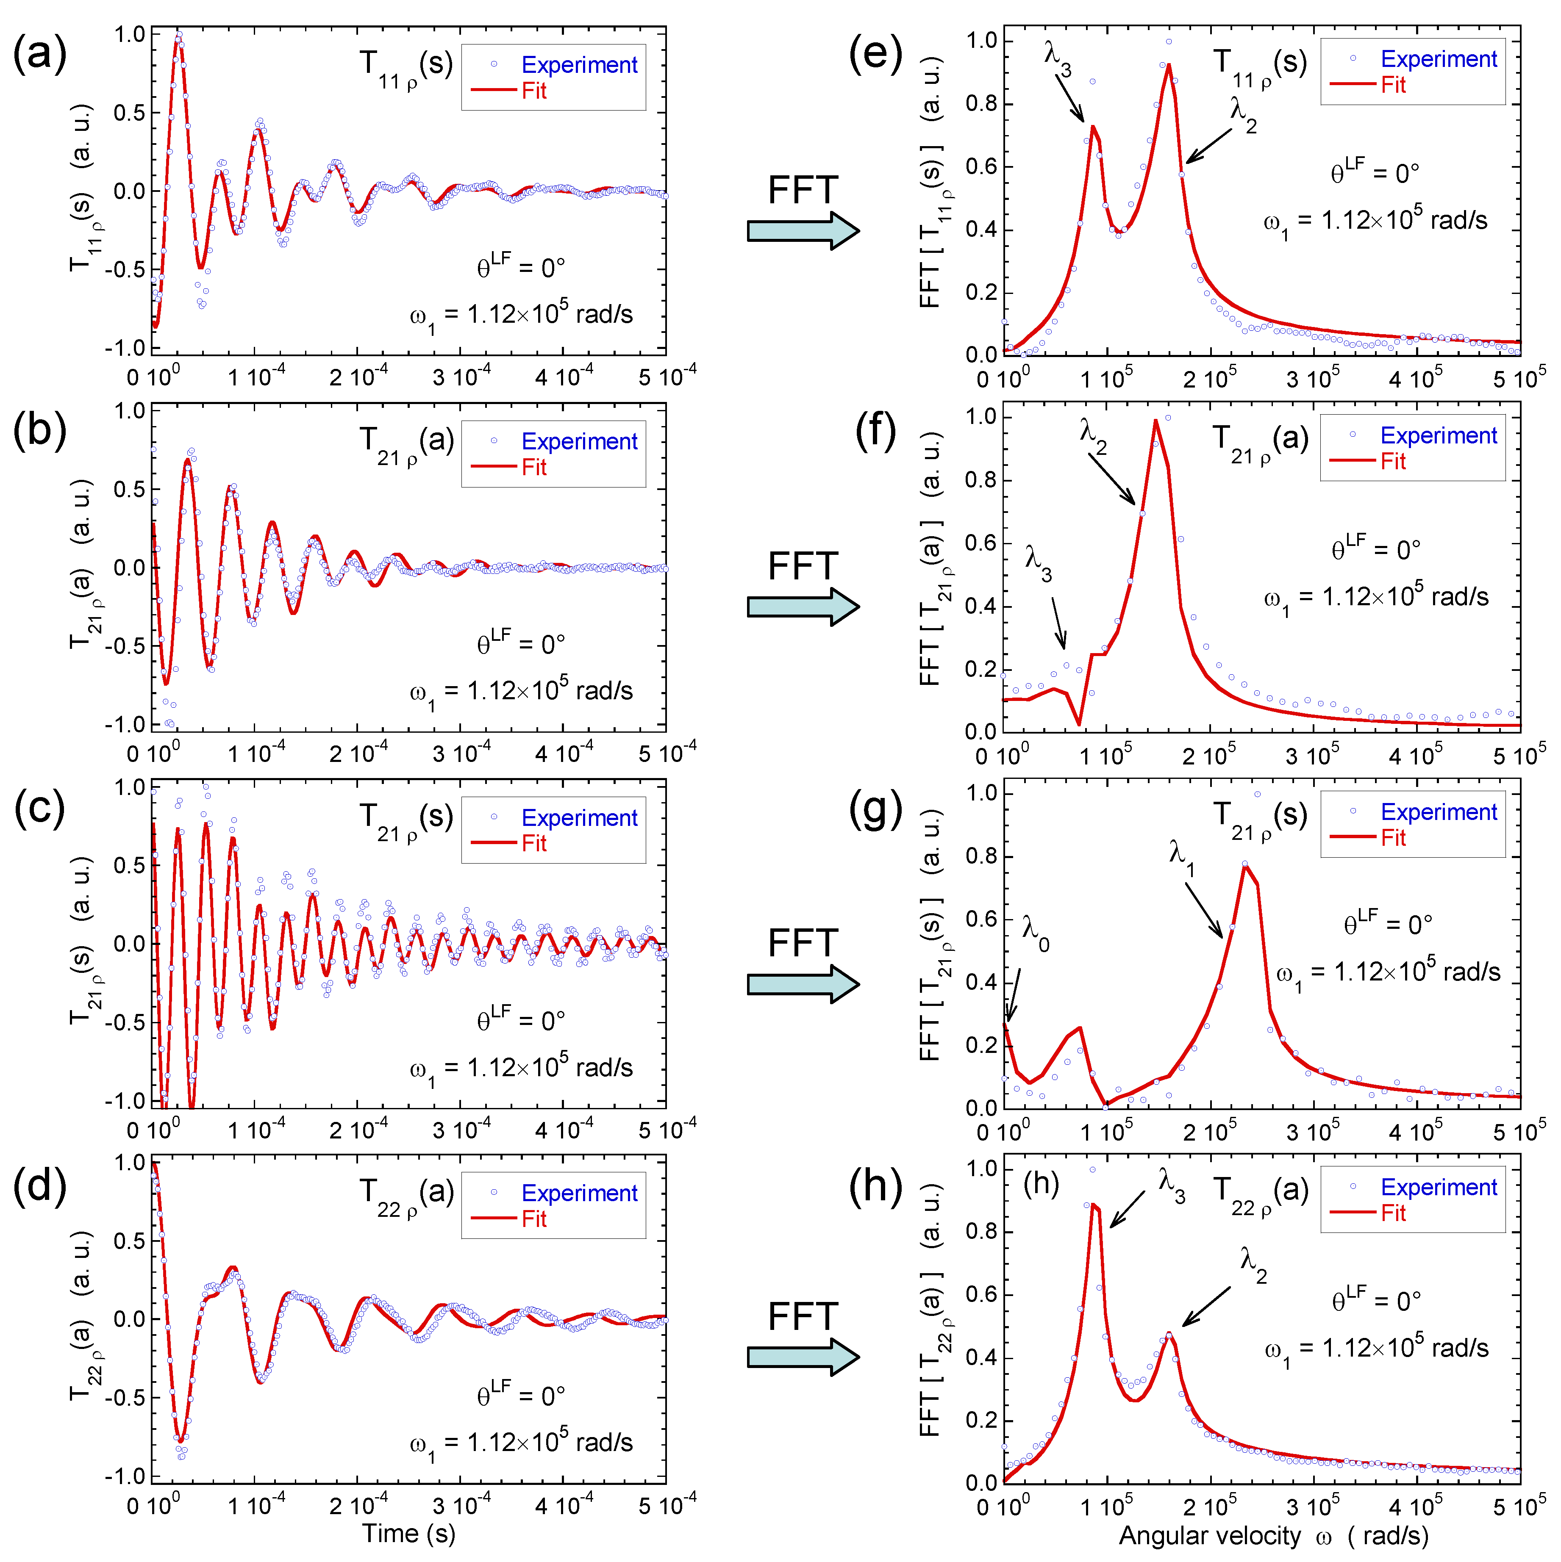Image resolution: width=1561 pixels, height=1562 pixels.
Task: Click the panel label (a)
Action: coord(39,55)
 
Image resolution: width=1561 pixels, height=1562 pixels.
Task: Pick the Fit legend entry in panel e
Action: coord(1393,85)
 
